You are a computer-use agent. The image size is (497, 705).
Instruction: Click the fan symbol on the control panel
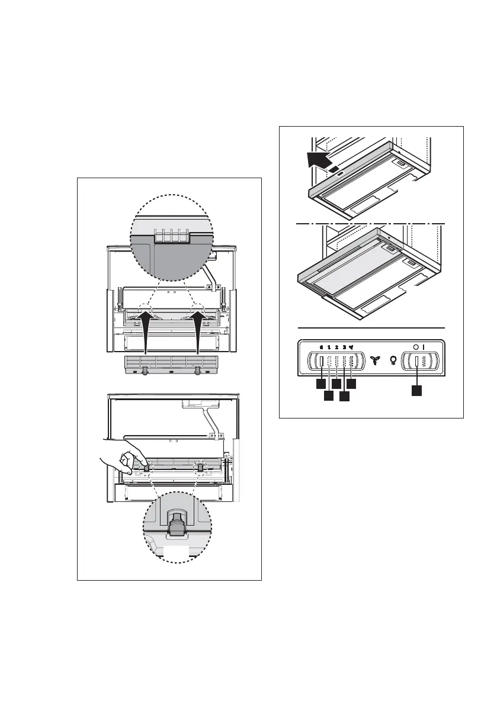(x=374, y=359)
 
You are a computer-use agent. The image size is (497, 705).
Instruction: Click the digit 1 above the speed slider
(x=329, y=348)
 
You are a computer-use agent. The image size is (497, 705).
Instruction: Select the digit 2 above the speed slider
(x=336, y=348)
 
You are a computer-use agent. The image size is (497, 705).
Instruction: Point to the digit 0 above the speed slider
(x=321, y=348)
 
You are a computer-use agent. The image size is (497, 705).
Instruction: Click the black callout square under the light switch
(x=417, y=390)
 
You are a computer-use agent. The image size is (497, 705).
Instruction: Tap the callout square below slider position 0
(x=320, y=385)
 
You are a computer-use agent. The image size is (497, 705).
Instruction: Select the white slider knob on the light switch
(x=417, y=360)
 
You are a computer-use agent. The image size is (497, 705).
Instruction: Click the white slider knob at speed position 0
(x=321, y=360)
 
